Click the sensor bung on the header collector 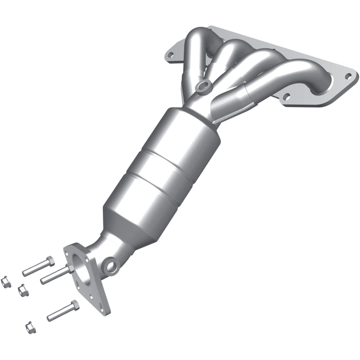[203, 86]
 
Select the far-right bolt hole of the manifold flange [348, 76]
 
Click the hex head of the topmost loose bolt [50, 261]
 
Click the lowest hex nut [30, 327]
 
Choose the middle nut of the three [23, 291]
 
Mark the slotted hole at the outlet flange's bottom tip [103, 306]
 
